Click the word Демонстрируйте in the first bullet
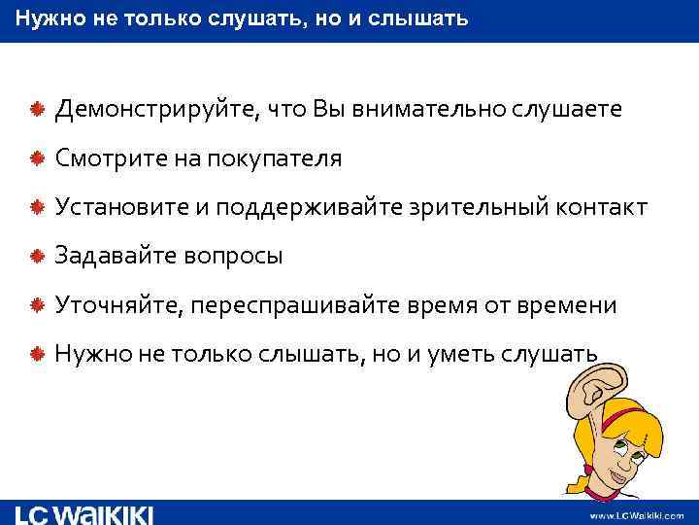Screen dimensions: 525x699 (151, 110)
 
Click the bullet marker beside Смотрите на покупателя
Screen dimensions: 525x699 (35, 158)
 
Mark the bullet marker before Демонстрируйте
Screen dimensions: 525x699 (35, 110)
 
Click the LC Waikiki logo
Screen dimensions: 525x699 (84, 513)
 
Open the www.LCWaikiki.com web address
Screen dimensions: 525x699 (637, 514)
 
